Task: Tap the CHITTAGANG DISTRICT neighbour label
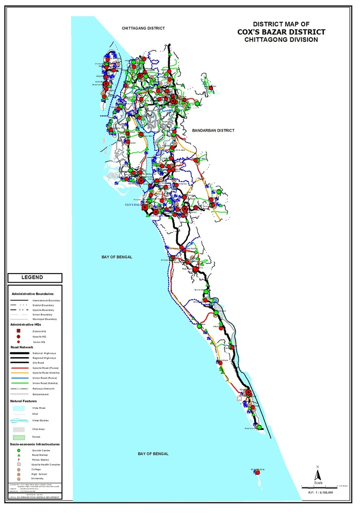[x=143, y=29]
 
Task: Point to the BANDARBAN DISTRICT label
[x=213, y=131]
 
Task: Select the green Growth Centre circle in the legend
[x=18, y=450]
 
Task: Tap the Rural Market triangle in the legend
[x=18, y=456]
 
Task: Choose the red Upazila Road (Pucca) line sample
[x=20, y=367]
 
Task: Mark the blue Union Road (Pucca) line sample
[x=20, y=378]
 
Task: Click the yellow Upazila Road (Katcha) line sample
[x=20, y=373]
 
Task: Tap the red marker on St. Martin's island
[x=258, y=473]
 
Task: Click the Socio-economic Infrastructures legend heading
[x=35, y=444]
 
